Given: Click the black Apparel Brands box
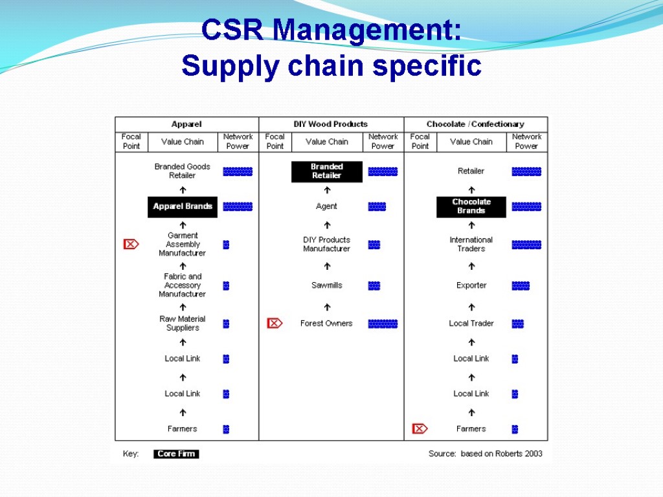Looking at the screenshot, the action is [183, 206].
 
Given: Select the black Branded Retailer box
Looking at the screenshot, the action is [326, 171].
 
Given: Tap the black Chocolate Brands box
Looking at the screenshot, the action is [471, 206].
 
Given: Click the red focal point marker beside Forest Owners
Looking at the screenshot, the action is [275, 324].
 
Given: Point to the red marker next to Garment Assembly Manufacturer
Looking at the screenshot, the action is [131, 244].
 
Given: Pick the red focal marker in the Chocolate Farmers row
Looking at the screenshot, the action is [420, 428].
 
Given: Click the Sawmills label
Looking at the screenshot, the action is [326, 285].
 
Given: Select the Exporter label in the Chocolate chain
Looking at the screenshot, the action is [471, 285].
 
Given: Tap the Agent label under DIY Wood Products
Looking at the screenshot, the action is [326, 206].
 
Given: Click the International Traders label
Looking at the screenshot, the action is [471, 244].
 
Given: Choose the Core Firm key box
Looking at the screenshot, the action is [176, 454].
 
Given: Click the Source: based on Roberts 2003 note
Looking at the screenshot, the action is [485, 454].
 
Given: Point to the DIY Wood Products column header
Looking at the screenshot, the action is [331, 124].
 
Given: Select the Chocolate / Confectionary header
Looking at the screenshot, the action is [475, 124].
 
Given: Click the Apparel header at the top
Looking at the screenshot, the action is [186, 124].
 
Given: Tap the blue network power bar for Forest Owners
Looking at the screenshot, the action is [383, 324].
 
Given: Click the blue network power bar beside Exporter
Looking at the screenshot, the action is [521, 285].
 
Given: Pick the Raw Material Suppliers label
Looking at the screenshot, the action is [183, 323].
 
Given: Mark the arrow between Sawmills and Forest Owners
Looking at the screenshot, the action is [327, 305].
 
